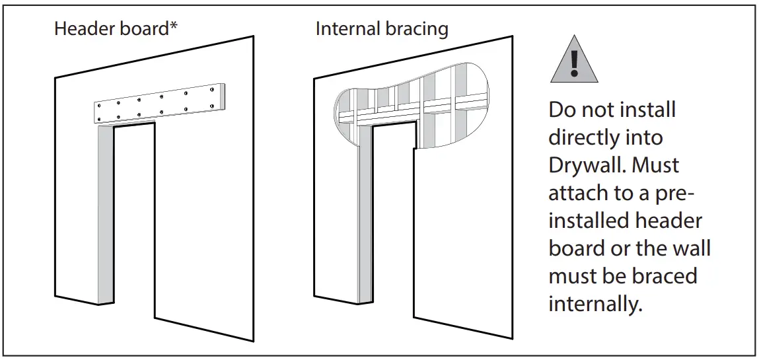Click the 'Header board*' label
tap(116, 30)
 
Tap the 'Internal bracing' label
tap(382, 30)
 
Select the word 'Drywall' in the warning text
tap(584, 165)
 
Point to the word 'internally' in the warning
tap(595, 304)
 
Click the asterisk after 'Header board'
tap(174, 27)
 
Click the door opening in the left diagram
tap(135, 218)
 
